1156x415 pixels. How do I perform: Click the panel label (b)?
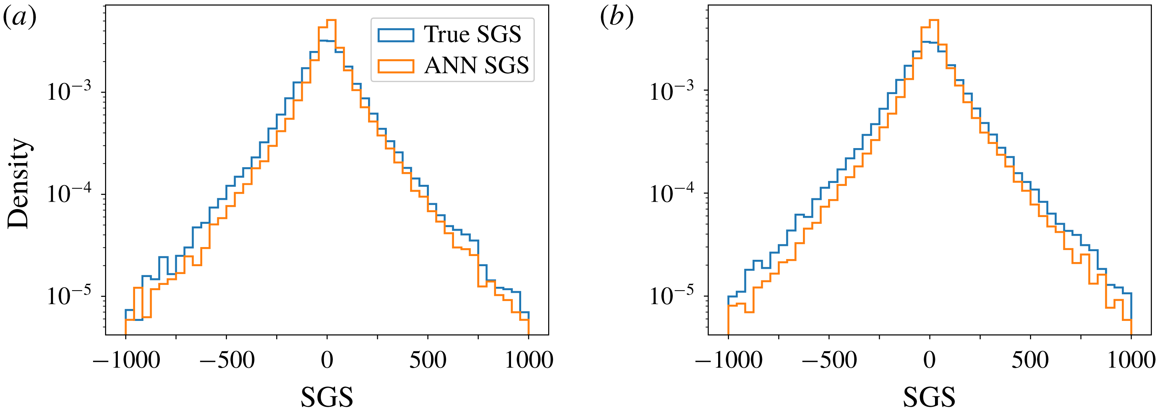[616, 18]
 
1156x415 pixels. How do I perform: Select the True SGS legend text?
[472, 34]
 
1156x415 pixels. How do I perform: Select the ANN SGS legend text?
[476, 66]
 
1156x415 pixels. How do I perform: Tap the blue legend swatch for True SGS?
[395, 35]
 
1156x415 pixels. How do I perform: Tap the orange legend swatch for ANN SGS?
[395, 66]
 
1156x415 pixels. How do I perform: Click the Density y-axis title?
[19, 183]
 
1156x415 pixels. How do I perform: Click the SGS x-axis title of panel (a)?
[327, 397]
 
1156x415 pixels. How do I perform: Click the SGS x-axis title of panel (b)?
[929, 397]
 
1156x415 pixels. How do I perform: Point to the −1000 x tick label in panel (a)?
[126, 360]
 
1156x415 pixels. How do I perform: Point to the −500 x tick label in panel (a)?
[227, 360]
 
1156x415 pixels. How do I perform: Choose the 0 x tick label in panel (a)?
[327, 360]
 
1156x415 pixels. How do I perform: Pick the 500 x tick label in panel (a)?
[428, 360]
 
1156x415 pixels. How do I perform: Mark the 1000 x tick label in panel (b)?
[1130, 360]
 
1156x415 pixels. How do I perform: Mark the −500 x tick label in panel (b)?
[829, 360]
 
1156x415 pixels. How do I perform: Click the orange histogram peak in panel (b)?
[934, 20]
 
